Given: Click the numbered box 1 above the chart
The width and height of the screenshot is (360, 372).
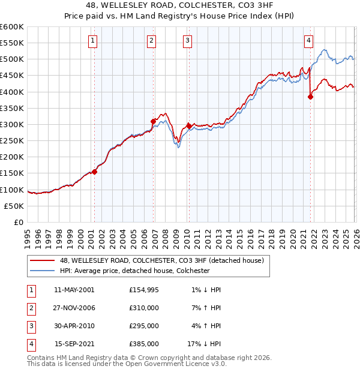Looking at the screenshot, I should (94, 41).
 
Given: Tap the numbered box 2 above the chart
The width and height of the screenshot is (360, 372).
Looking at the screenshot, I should (151, 41).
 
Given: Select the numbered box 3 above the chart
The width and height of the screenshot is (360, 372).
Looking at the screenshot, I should (187, 41).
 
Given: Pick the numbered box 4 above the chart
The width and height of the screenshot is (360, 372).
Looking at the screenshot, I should (308, 41).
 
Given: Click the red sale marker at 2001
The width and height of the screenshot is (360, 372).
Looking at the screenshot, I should (94, 171).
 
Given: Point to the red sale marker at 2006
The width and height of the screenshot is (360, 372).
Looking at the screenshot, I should (153, 121).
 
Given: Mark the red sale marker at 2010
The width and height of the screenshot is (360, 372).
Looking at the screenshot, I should (189, 126).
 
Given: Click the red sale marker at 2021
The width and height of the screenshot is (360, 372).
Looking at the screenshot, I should (310, 97).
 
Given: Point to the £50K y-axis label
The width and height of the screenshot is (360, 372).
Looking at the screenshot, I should (14, 206).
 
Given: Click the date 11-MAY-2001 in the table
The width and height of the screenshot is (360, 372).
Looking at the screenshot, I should (74, 290).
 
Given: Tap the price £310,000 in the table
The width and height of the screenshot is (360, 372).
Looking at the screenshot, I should (144, 308).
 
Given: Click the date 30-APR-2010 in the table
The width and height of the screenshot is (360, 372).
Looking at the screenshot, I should (74, 326).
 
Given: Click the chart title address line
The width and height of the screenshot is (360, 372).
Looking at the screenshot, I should (180, 5).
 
